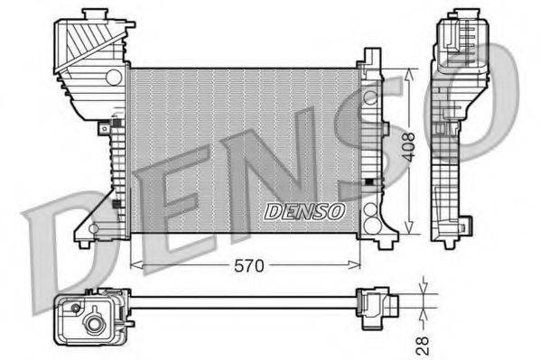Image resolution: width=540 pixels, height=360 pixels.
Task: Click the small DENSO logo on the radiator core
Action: [x=304, y=211]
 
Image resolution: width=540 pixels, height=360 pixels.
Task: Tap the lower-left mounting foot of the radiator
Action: [x=85, y=240]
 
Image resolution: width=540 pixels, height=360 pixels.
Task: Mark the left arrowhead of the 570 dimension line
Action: [x=135, y=265]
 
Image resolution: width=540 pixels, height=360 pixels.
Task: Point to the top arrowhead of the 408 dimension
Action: [x=412, y=71]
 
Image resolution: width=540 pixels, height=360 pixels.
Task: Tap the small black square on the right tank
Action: [x=368, y=181]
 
